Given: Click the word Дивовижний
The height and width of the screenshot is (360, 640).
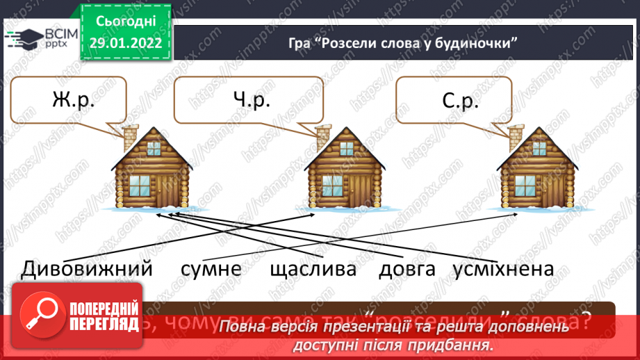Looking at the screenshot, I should (87, 268).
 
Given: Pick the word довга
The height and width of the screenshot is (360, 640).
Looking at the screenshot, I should (407, 269).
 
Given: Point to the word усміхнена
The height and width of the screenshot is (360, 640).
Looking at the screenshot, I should (502, 269).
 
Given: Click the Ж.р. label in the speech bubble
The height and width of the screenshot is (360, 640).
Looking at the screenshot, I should (72, 101).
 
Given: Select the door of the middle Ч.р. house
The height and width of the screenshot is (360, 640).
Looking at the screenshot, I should (359, 190).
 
